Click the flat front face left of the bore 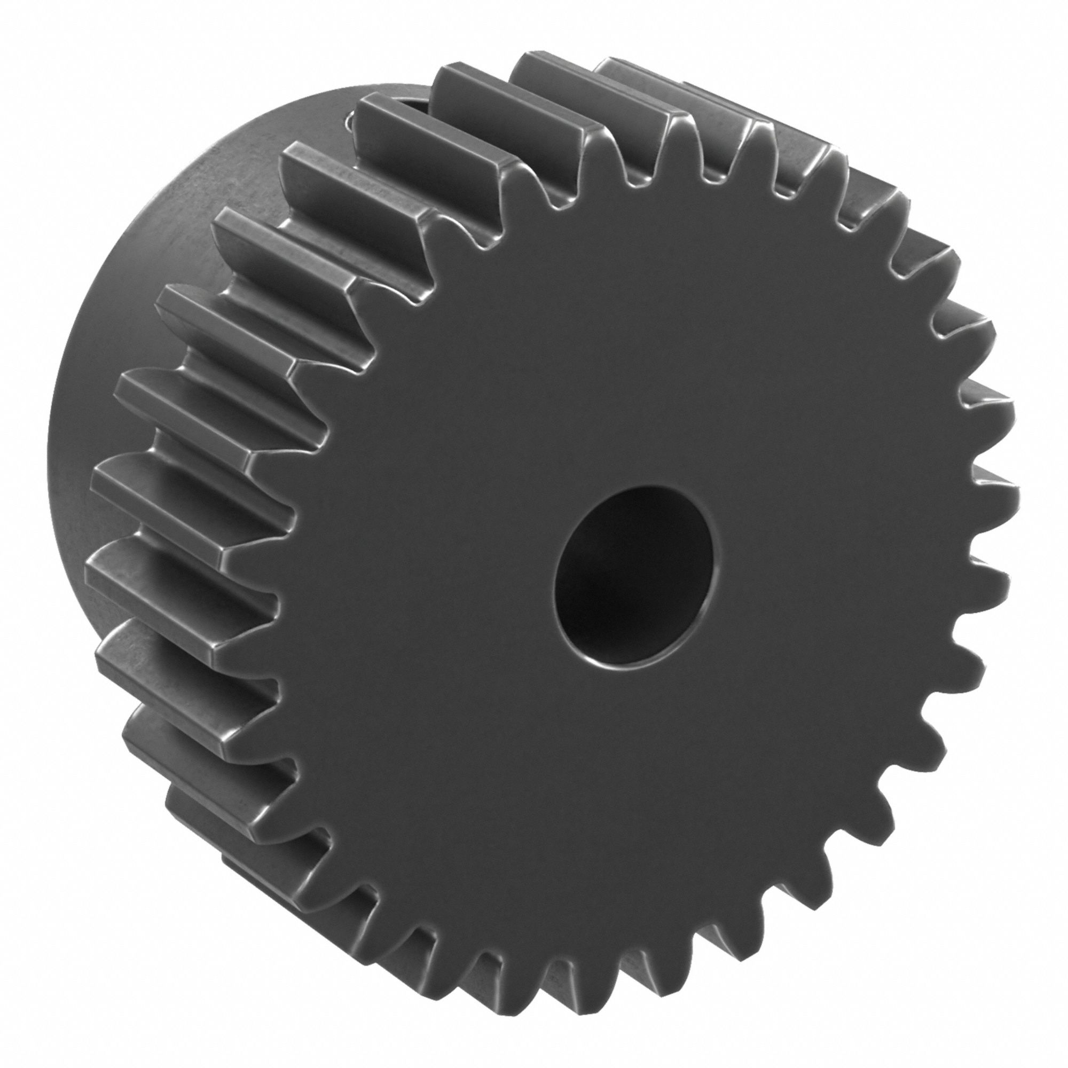click(442, 553)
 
